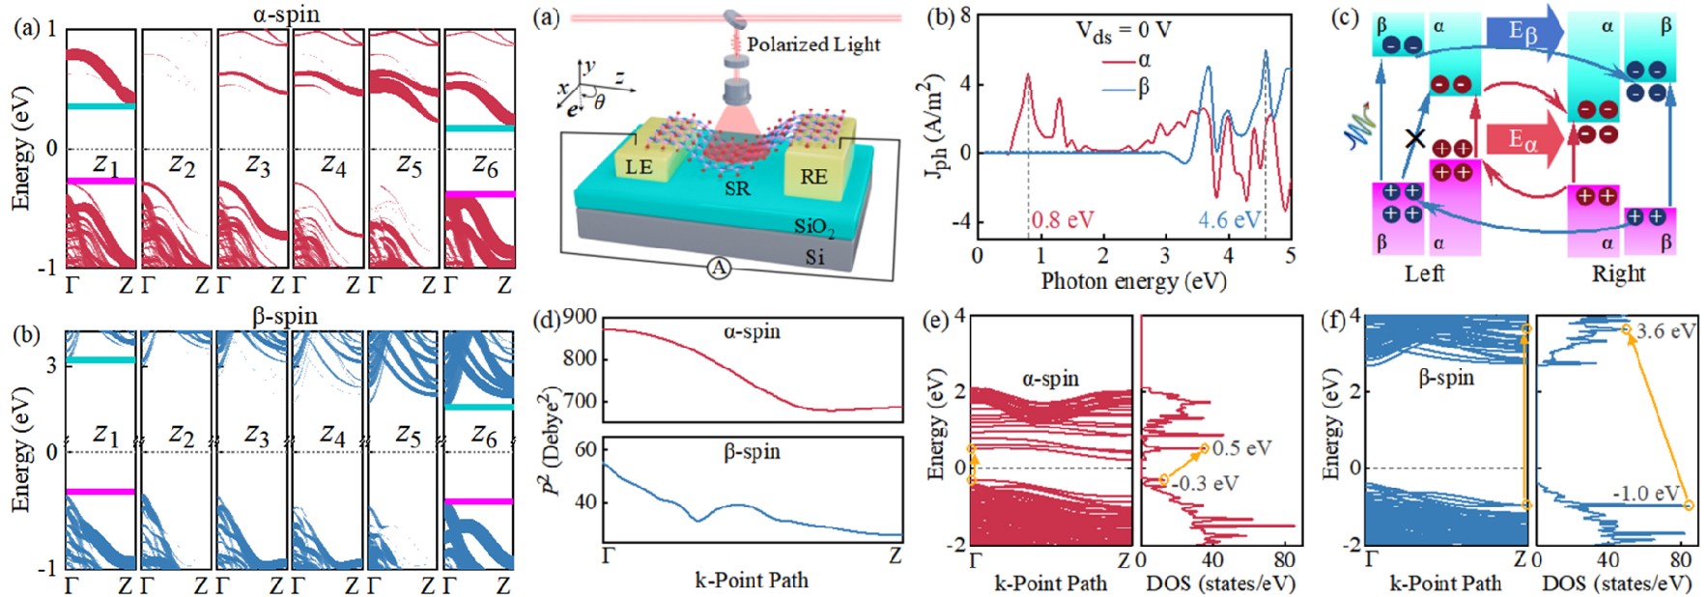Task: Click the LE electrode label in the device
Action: click(x=640, y=167)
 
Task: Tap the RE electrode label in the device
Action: click(x=813, y=176)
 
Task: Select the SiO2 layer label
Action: click(x=814, y=227)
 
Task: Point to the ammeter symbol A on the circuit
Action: click(x=719, y=269)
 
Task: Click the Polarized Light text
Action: click(x=813, y=44)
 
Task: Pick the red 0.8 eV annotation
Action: click(x=1063, y=220)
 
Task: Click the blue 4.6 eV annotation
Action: click(x=1229, y=220)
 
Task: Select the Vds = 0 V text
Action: click(x=1124, y=31)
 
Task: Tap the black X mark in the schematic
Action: click(x=1414, y=138)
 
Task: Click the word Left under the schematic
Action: click(x=1424, y=273)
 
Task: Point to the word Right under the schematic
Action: click(x=1618, y=273)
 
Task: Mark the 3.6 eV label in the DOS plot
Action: click(x=1666, y=331)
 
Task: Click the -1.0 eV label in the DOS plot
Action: click(x=1645, y=494)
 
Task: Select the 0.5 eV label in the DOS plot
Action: click(x=1241, y=448)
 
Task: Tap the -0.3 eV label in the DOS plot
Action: click(x=1206, y=483)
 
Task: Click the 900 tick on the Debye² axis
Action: click(x=579, y=318)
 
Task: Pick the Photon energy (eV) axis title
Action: click(x=1133, y=281)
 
